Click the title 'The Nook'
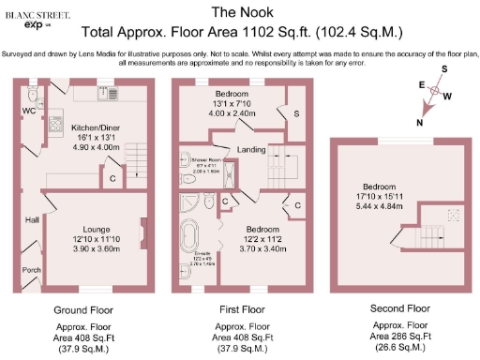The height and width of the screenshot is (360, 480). point(239,12)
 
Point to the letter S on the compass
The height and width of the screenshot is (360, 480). point(445,70)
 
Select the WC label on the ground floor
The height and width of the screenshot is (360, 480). point(29,111)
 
